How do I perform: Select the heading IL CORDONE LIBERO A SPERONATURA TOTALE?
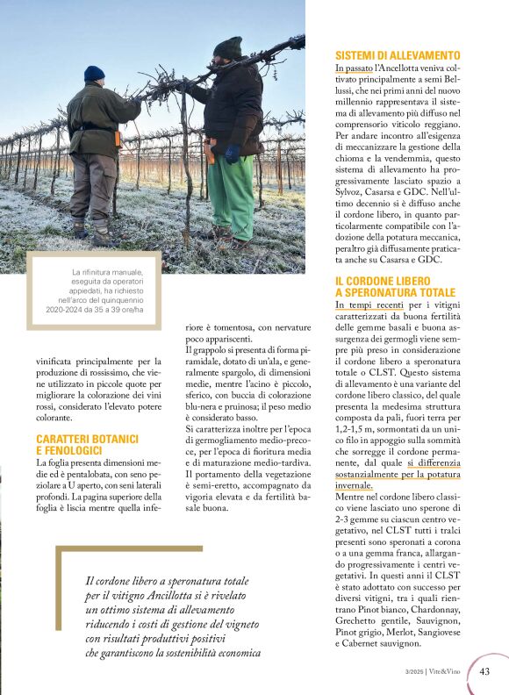[x=395, y=286]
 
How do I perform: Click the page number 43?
[x=484, y=672]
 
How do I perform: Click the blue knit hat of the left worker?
[x=94, y=74]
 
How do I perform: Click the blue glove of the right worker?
[x=232, y=154]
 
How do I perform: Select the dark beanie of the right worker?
[x=228, y=47]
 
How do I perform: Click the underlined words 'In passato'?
[x=354, y=68]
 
